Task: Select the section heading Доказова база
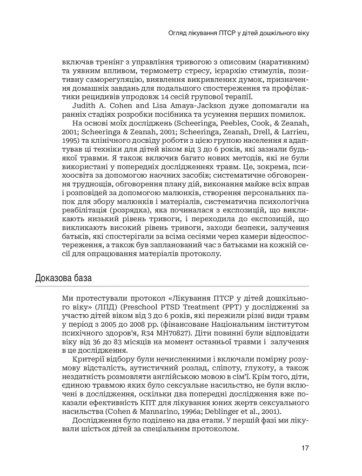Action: [x=63, y=278]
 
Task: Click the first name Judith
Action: [x=85, y=106]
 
